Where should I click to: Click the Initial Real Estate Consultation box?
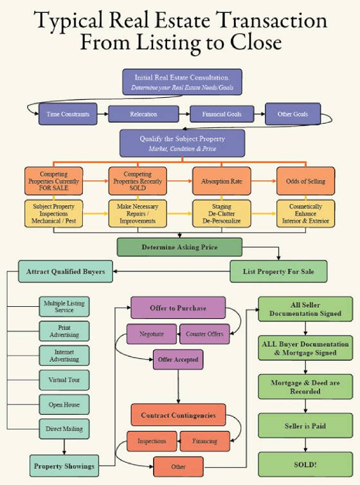(x=183, y=82)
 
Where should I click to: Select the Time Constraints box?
(x=68, y=114)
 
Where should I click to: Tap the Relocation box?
(x=143, y=114)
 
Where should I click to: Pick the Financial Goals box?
(x=222, y=114)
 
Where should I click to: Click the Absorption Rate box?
(x=222, y=181)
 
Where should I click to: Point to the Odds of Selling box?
(x=305, y=181)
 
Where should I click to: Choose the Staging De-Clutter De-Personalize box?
(x=222, y=214)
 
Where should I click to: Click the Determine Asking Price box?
(x=179, y=247)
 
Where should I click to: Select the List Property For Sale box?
(x=278, y=271)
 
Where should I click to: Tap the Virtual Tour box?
(x=64, y=380)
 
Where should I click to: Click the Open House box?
(x=64, y=405)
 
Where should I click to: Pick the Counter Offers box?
(x=204, y=334)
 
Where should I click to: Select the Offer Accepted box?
(x=178, y=360)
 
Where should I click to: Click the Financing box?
(x=204, y=441)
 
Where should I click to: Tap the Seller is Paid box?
(x=305, y=426)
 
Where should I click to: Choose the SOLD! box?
(x=305, y=464)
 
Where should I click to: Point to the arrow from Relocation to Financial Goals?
(x=184, y=114)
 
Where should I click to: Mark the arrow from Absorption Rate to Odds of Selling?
(x=264, y=181)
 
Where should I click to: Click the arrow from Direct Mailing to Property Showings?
(x=64, y=447)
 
